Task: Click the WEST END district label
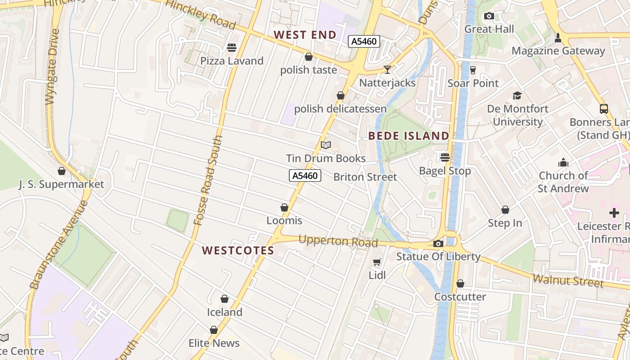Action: pos(305,35)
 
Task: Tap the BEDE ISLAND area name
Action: pos(409,136)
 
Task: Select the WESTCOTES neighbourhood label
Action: pos(238,251)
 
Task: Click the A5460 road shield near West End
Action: pos(364,42)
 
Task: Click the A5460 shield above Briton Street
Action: pos(305,175)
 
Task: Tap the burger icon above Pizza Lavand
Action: pos(232,47)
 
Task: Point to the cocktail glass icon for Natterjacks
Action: pos(387,70)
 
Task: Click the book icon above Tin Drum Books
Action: pos(326,145)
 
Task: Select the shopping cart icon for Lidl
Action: pos(377,262)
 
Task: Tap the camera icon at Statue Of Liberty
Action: pos(438,244)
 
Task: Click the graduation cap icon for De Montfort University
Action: pos(517,95)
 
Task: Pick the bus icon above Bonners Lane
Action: pos(603,109)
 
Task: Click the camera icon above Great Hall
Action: pos(489,16)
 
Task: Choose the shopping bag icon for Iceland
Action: pos(225,299)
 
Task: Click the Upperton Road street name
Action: pos(338,241)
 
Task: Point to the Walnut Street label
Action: pos(568,281)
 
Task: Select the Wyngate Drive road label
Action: pos(52,67)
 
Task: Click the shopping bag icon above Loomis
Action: pos(284,207)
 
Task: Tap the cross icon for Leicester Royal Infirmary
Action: pos(614,213)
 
